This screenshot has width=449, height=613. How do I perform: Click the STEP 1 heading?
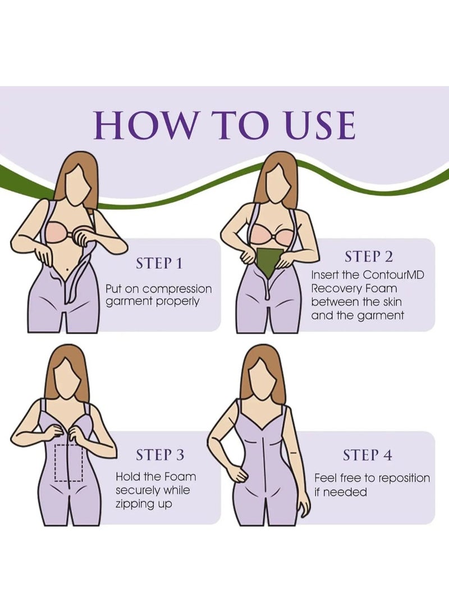click(159, 264)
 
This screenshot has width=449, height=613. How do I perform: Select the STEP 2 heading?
click(369, 257)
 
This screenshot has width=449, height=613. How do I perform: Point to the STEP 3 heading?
click(160, 455)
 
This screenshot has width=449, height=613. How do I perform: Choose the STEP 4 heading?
click(368, 455)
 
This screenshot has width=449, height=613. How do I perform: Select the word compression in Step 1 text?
click(177, 289)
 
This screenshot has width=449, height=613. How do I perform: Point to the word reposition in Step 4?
click(404, 478)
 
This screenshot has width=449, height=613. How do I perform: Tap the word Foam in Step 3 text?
click(181, 476)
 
